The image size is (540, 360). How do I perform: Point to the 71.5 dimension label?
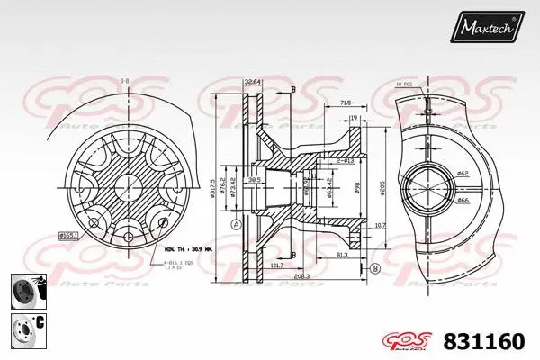click(x=345, y=104)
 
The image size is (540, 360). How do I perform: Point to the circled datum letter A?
click(x=236, y=224)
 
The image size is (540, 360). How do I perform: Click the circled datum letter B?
click(x=374, y=267)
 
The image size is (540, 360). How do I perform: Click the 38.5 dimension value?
click(x=254, y=180)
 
